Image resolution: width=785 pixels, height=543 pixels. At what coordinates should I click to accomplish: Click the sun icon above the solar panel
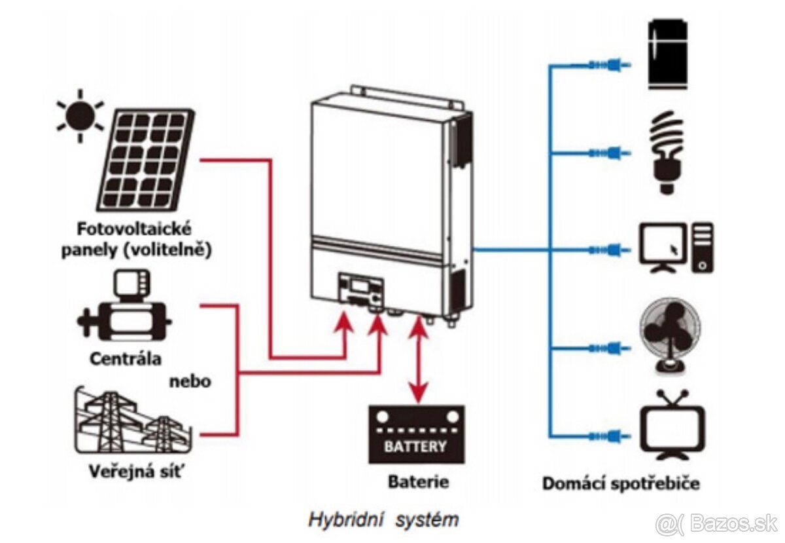80,116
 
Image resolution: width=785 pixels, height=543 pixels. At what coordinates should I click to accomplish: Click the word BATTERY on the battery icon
416,447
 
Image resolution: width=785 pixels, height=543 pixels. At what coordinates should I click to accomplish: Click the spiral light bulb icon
666,152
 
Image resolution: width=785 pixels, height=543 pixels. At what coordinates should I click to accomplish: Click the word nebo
190,381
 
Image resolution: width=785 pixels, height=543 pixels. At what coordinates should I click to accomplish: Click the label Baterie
418,483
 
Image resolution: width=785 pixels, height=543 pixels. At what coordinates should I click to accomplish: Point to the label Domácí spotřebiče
621,484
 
